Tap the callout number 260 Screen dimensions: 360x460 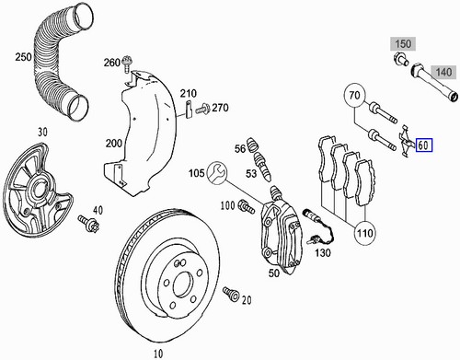112,63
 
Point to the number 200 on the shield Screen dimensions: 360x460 113,144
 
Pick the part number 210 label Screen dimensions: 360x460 189,95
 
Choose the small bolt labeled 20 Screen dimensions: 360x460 232,296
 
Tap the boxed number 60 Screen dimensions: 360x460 424,145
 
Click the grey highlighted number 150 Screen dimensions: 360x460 403,43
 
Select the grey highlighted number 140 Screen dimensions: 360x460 443,71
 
